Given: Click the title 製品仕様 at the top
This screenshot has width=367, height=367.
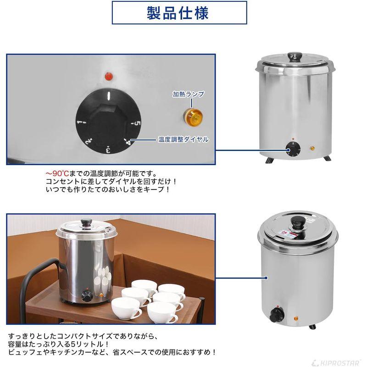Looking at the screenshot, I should click(179, 13).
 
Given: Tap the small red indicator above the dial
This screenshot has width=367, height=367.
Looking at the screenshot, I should click(109, 75).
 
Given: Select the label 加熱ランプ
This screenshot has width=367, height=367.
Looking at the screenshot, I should click(188, 94).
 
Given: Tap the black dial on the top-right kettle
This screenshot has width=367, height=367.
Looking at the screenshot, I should click(292, 149).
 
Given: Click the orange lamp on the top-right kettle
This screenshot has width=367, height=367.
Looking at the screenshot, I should click(313, 148).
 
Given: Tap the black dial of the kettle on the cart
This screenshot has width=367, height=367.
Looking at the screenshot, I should click(86, 296).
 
